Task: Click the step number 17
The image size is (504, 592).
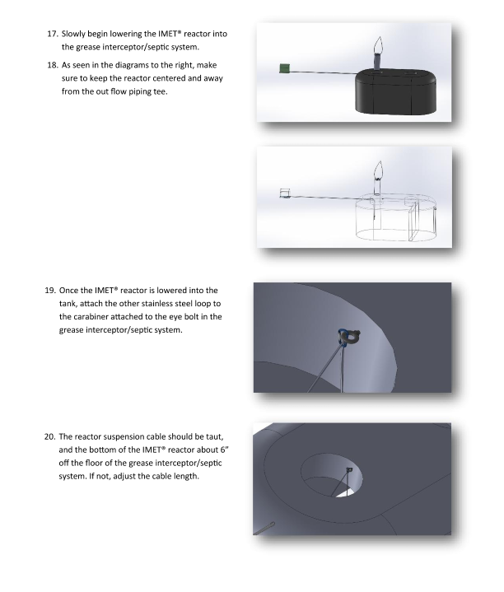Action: click(53, 34)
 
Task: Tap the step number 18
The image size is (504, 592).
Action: click(53, 65)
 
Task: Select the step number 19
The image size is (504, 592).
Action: click(50, 291)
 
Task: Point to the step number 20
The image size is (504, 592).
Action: click(50, 437)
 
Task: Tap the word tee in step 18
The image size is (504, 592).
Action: click(161, 91)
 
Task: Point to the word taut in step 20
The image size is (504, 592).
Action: click(214, 437)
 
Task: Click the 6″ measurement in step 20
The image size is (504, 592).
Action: click(225, 450)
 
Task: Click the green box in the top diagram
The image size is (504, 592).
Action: click(284, 68)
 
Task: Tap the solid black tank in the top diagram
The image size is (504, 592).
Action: click(395, 91)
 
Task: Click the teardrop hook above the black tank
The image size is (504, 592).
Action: click(379, 45)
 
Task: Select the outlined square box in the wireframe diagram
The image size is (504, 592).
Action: click(285, 193)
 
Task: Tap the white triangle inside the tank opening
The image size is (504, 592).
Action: click(346, 493)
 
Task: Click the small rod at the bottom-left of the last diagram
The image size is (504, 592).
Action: click(264, 529)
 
